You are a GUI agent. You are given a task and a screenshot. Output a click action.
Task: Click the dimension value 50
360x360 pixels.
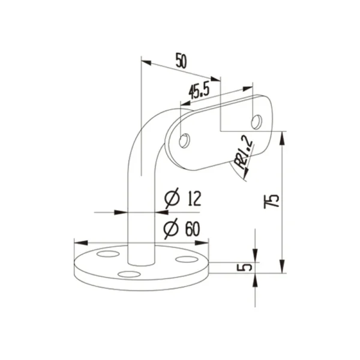pos(179,59)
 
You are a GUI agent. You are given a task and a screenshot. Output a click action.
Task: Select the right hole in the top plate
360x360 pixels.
pos(257,121)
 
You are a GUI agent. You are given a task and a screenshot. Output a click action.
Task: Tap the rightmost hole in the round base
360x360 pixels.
pos(187,259)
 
